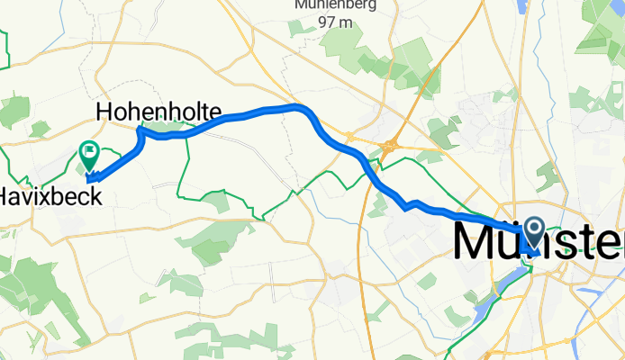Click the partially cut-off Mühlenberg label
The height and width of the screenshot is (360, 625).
pos(334,4)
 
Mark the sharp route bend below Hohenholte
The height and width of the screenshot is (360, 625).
pos(141,132)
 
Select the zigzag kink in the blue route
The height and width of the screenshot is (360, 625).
pos(407,206)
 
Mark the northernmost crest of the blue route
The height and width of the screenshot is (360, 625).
pos(297,106)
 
